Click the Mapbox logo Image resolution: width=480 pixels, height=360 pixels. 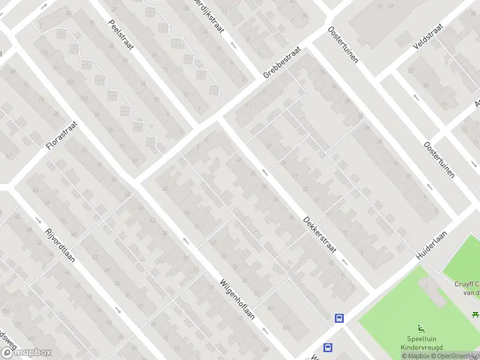26,353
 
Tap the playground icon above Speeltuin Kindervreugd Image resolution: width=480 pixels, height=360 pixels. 421,328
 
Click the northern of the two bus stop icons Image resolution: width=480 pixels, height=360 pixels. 340,319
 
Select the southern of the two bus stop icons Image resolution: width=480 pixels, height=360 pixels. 328,347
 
